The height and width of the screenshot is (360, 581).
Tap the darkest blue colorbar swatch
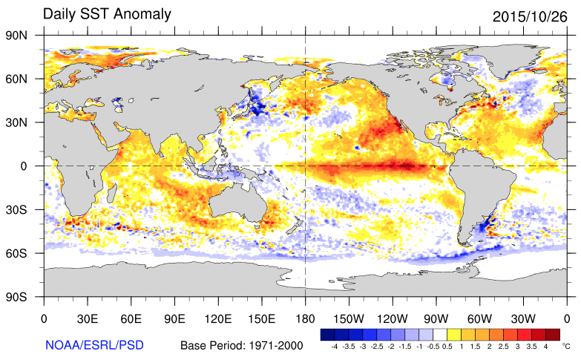coord(327,334)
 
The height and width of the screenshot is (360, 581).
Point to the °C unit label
coord(566,346)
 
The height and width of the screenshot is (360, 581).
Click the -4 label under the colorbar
coord(334,346)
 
